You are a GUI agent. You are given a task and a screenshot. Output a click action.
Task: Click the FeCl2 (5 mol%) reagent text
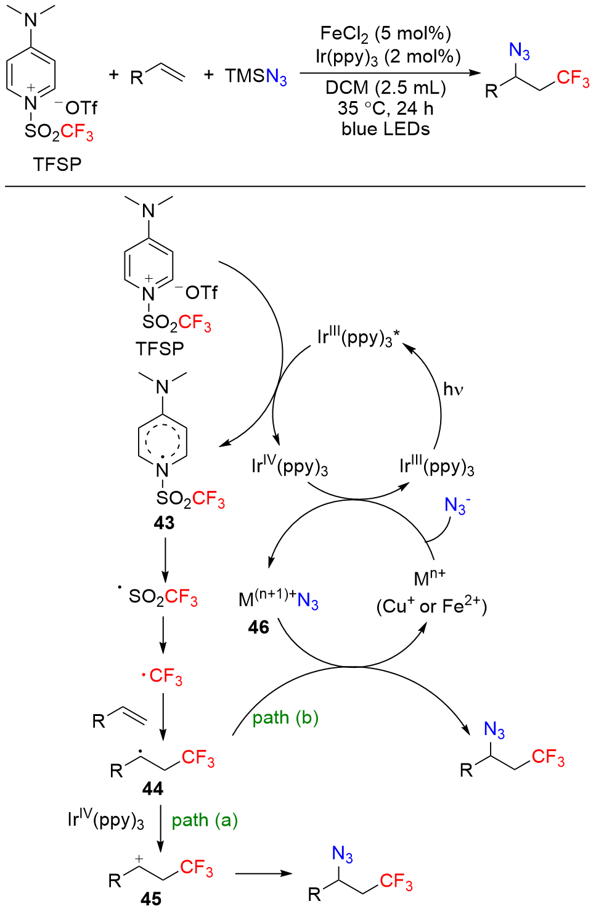(385, 34)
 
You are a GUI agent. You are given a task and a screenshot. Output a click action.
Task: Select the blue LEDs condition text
(385, 129)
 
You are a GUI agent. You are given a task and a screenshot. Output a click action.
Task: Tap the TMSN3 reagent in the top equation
(256, 76)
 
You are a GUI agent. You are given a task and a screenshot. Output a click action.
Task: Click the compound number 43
(164, 523)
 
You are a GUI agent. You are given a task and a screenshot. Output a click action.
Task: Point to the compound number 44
(152, 789)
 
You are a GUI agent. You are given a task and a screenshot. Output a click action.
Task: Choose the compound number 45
(151, 898)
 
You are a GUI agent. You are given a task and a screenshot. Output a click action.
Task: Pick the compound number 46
(259, 627)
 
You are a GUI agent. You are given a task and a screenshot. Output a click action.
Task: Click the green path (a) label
(205, 820)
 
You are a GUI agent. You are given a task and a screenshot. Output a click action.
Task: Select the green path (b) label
(285, 718)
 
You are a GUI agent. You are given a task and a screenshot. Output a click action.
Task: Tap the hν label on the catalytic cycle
(453, 389)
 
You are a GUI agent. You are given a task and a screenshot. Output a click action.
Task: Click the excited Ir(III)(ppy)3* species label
(358, 337)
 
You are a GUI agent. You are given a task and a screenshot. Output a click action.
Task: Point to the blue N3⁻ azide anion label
(457, 506)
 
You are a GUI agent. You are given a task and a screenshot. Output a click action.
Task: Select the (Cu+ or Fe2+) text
(431, 606)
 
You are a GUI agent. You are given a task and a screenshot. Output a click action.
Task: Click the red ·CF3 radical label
(162, 676)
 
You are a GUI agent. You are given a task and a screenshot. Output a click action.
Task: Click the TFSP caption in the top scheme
(57, 164)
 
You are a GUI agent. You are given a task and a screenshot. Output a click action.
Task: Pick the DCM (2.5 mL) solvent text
(385, 88)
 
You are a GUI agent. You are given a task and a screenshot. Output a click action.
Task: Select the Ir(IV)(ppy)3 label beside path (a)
(105, 820)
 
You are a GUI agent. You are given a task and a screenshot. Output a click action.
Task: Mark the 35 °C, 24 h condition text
(385, 109)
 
